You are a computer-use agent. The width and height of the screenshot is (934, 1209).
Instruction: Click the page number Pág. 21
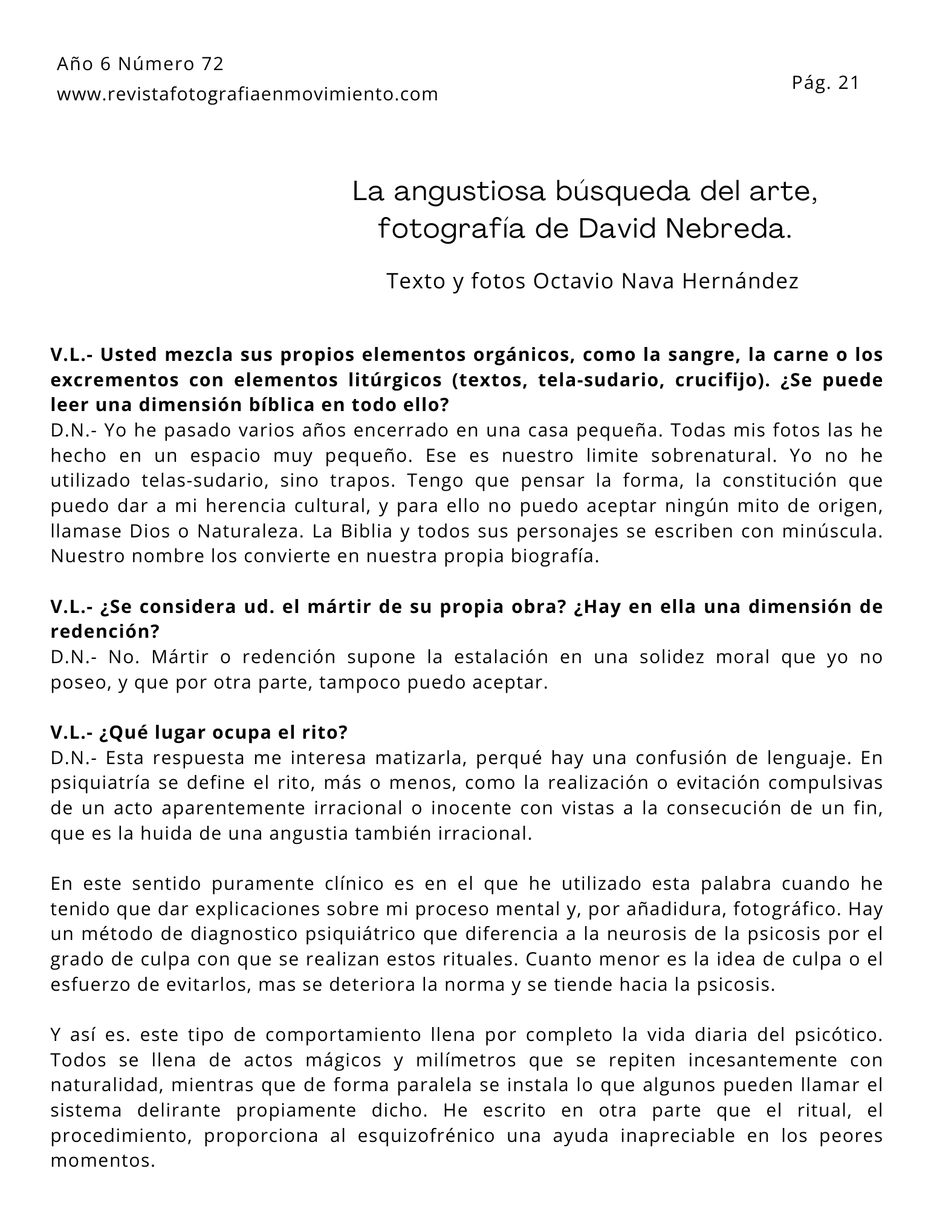(x=825, y=83)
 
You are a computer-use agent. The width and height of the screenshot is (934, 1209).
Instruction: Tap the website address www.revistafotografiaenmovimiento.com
(x=247, y=94)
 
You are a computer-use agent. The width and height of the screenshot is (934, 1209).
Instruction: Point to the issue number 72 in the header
(x=213, y=64)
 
